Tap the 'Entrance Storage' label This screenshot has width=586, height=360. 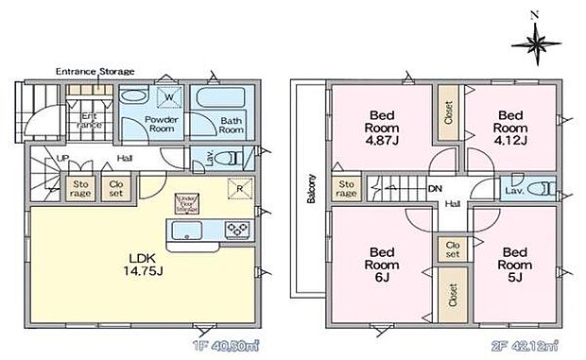click(x=95, y=71)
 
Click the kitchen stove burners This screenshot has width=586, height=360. click(x=235, y=229)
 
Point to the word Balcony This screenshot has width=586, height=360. click(x=308, y=190)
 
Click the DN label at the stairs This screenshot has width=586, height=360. click(x=437, y=189)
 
